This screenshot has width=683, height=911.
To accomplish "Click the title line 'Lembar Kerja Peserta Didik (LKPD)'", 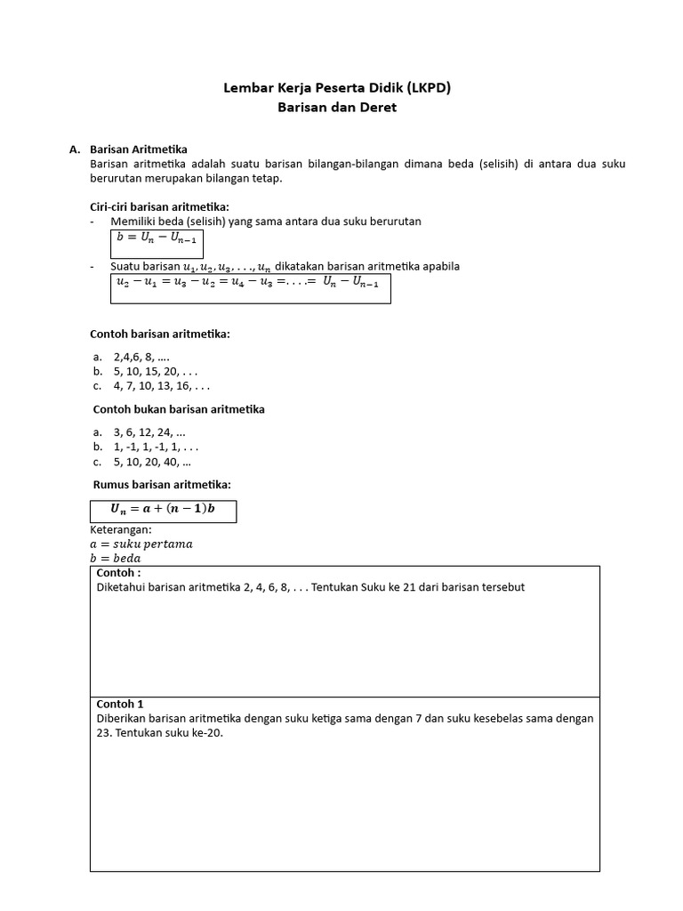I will pyautogui.click(x=341, y=88).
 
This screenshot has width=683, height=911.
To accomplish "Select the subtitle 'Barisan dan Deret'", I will pyautogui.click(x=341, y=107).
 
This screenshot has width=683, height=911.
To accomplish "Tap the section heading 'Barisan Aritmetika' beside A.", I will pyautogui.click(x=139, y=149).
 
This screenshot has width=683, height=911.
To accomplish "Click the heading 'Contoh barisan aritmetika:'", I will pyautogui.click(x=160, y=334).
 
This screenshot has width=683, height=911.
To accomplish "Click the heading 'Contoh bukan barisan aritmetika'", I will pyautogui.click(x=179, y=409).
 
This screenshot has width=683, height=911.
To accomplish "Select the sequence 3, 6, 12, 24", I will pyautogui.click(x=149, y=432).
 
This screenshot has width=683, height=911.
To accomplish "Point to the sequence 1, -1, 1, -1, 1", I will pyautogui.click(x=155, y=447).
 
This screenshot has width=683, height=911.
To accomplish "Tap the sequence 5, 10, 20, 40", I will pyautogui.click(x=151, y=462).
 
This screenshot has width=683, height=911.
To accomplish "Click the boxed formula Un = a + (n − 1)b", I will pyautogui.click(x=163, y=510).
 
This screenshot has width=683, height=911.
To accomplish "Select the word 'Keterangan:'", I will pyautogui.click(x=121, y=529).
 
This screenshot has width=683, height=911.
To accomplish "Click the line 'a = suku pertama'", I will pyautogui.click(x=141, y=544).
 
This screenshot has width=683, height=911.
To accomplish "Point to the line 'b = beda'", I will pyautogui.click(x=116, y=558).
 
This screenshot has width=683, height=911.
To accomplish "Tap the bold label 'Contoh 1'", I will pyautogui.click(x=120, y=704).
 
